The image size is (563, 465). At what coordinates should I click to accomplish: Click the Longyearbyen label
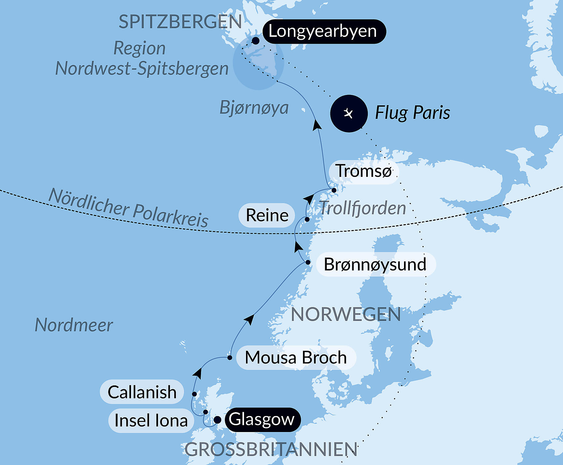click(x=324, y=31)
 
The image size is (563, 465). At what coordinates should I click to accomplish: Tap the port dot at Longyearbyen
click(x=256, y=41)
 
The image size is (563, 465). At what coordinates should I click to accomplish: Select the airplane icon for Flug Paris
click(x=349, y=114)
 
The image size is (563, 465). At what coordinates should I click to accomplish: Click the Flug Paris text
click(x=412, y=113)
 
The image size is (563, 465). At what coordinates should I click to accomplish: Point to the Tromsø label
click(x=364, y=171)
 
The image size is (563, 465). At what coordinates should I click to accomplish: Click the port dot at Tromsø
click(x=334, y=190)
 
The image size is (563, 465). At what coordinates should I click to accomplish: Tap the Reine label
click(x=267, y=215)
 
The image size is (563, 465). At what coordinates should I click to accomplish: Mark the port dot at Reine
click(x=307, y=219)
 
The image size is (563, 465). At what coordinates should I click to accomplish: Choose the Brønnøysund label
click(x=375, y=264)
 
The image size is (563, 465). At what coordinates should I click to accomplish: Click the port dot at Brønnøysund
click(x=308, y=262)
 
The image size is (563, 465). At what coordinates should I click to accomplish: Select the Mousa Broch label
click(x=296, y=357)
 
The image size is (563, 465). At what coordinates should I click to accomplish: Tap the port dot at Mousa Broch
click(x=230, y=358)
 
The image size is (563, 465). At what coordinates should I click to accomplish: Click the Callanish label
click(x=142, y=392)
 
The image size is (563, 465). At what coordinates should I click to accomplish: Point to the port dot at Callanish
click(x=194, y=394)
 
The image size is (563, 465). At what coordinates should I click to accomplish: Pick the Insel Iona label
click(x=151, y=421)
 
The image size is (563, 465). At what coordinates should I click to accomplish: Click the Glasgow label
click(x=262, y=419)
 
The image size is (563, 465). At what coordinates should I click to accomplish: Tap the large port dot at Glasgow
click(x=217, y=420)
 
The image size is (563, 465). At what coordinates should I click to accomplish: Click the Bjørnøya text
click(x=254, y=108)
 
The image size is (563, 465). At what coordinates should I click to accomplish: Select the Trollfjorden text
click(x=362, y=208)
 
